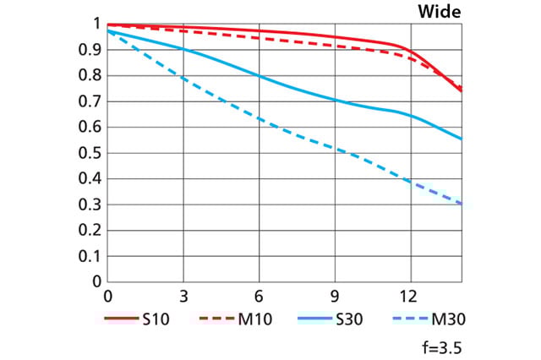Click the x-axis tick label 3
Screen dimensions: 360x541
tap(183, 297)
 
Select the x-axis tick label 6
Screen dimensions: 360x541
tap(259, 297)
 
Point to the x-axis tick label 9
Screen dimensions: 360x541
tap(335, 297)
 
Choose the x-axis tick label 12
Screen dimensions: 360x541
tap(410, 297)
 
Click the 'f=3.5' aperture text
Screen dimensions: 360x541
tap(442, 346)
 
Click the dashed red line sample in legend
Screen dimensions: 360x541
tap(216, 319)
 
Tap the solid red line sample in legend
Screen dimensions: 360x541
tap(120, 319)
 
